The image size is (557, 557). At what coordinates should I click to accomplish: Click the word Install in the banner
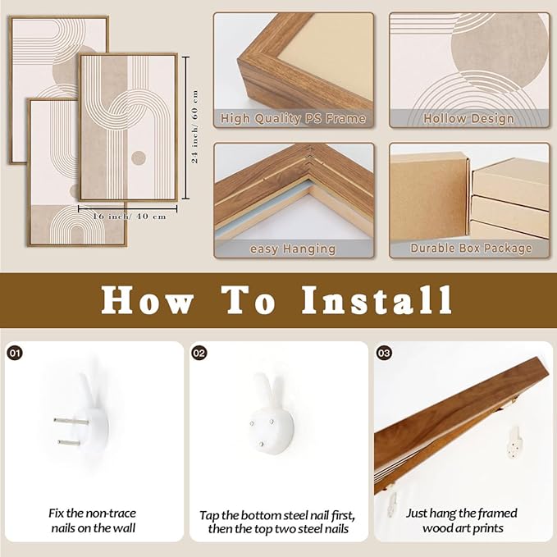(377, 300)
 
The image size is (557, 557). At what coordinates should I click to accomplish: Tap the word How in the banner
(148, 300)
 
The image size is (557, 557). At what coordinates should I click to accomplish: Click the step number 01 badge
(14, 353)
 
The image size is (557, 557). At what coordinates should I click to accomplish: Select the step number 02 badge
(199, 353)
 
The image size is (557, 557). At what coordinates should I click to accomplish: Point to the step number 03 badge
(384, 353)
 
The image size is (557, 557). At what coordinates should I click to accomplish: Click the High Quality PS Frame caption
(293, 119)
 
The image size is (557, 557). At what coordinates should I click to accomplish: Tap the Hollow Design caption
(468, 119)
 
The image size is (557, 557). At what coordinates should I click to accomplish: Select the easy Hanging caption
(293, 249)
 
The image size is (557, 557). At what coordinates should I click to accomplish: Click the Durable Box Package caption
(468, 249)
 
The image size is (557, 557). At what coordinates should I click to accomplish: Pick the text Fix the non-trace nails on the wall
(91, 521)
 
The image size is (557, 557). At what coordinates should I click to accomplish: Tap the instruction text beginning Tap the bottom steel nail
(277, 522)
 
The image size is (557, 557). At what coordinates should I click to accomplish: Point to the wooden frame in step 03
(443, 418)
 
